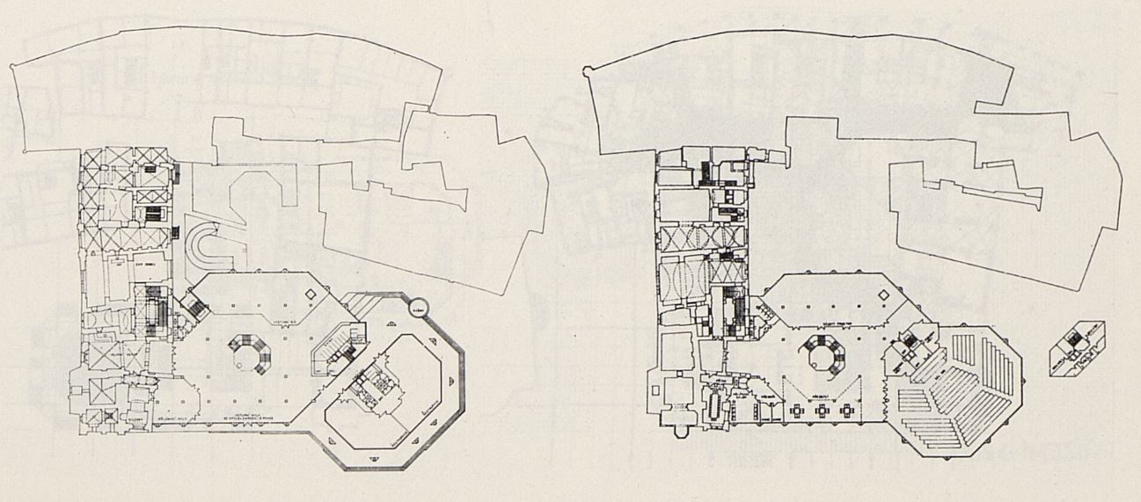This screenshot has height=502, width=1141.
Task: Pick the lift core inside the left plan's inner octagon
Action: (372, 387)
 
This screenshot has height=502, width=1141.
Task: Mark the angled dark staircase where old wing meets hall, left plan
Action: (194, 308)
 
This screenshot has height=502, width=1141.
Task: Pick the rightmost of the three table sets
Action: (847, 410)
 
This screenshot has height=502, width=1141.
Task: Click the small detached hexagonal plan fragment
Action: (1076, 348)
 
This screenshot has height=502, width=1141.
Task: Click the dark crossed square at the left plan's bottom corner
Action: (109, 416)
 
